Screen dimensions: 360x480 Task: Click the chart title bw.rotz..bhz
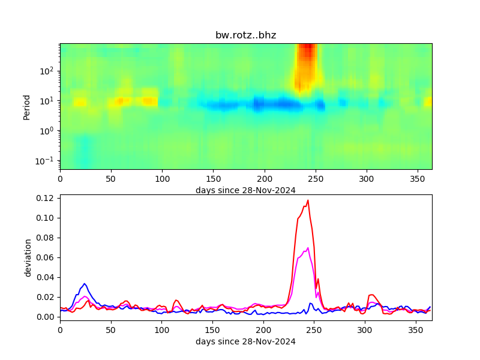[245, 35]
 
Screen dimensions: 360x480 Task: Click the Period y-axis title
[26, 106]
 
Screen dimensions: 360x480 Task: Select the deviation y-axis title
[28, 257]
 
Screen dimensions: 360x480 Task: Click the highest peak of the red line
[308, 200]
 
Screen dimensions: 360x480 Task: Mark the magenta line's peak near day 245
[308, 248]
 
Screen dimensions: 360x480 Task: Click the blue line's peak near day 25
[85, 284]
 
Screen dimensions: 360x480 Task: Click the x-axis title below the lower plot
[245, 341]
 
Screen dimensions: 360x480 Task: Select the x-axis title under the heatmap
[245, 190]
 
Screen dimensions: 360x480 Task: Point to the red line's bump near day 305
[372, 295]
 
